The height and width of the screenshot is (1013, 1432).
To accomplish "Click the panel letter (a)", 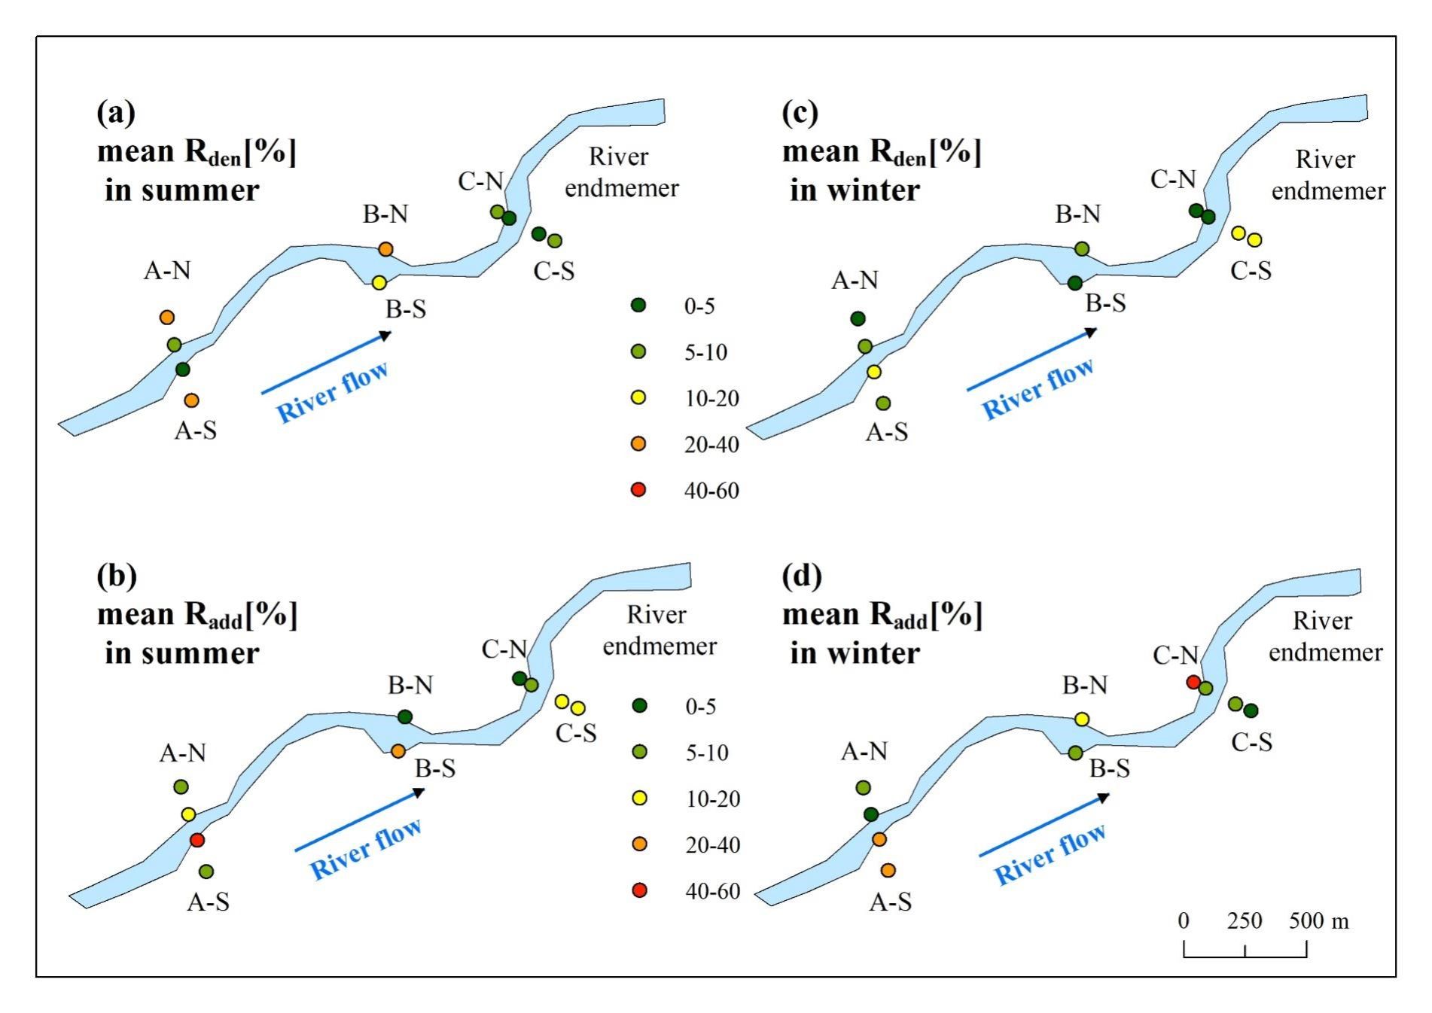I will click(x=116, y=114).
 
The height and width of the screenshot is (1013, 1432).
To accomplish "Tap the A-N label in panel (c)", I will click(x=855, y=281).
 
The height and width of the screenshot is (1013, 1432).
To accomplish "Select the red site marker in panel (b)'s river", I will click(x=197, y=840).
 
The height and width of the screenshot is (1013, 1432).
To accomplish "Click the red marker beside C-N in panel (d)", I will click(x=1193, y=682).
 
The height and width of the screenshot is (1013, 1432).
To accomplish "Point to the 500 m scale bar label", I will click(x=1318, y=920).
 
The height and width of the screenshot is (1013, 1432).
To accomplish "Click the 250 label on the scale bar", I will click(x=1245, y=920).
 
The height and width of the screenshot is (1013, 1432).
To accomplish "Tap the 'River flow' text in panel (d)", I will click(x=1050, y=853).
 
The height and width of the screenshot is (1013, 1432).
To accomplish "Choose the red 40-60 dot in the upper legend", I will click(x=638, y=490).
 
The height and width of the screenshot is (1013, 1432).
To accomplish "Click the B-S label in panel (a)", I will click(x=406, y=309).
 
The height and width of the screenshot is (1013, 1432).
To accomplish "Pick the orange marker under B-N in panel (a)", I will click(x=385, y=249).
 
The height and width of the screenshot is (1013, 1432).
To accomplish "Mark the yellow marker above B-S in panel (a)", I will click(x=379, y=283).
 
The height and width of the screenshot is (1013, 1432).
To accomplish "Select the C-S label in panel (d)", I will click(x=1251, y=743).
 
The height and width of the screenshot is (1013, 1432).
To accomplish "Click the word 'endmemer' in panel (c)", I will click(x=1328, y=191).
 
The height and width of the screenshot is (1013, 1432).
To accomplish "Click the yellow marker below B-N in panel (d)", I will click(x=1082, y=719).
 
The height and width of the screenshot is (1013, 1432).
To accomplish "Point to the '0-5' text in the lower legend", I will click(x=700, y=707).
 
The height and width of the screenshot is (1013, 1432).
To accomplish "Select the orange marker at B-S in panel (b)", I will click(x=398, y=750).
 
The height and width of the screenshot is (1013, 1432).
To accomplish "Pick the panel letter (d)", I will click(x=802, y=576).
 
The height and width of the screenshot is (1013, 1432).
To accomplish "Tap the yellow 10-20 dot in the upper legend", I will click(x=638, y=398).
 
